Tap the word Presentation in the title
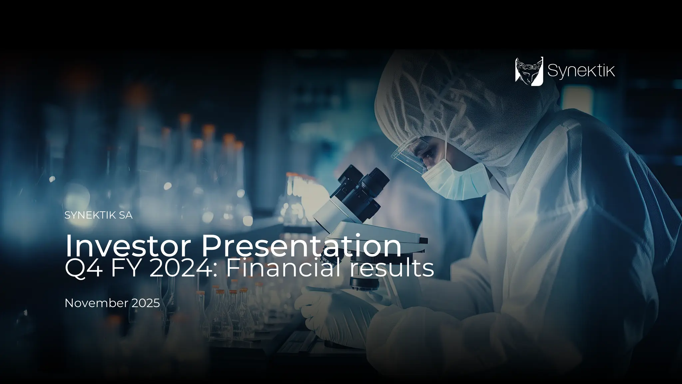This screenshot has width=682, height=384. tap(301, 246)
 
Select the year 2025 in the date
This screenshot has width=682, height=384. tap(146, 303)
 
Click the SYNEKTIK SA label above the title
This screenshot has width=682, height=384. tap(98, 215)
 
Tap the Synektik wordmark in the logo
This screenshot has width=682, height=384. tap(581, 71)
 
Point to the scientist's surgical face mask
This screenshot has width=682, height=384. tap(456, 182)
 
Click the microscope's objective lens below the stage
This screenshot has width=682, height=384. tap(365, 282)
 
